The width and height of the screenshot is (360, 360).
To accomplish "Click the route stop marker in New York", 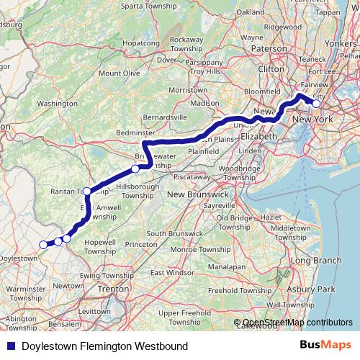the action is point(316,104).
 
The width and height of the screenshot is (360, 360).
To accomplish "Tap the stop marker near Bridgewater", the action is point(135,169).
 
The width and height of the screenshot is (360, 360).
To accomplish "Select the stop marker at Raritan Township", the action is point(87,191).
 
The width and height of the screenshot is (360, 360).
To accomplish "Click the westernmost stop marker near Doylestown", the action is point(42,244).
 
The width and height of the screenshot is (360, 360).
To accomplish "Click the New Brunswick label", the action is point(197,194).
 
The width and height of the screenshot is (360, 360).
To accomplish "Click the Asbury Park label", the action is point(317,289).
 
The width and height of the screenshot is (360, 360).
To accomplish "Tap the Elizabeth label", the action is point(258,135).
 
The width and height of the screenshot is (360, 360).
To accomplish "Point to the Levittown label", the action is point(76,310).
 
